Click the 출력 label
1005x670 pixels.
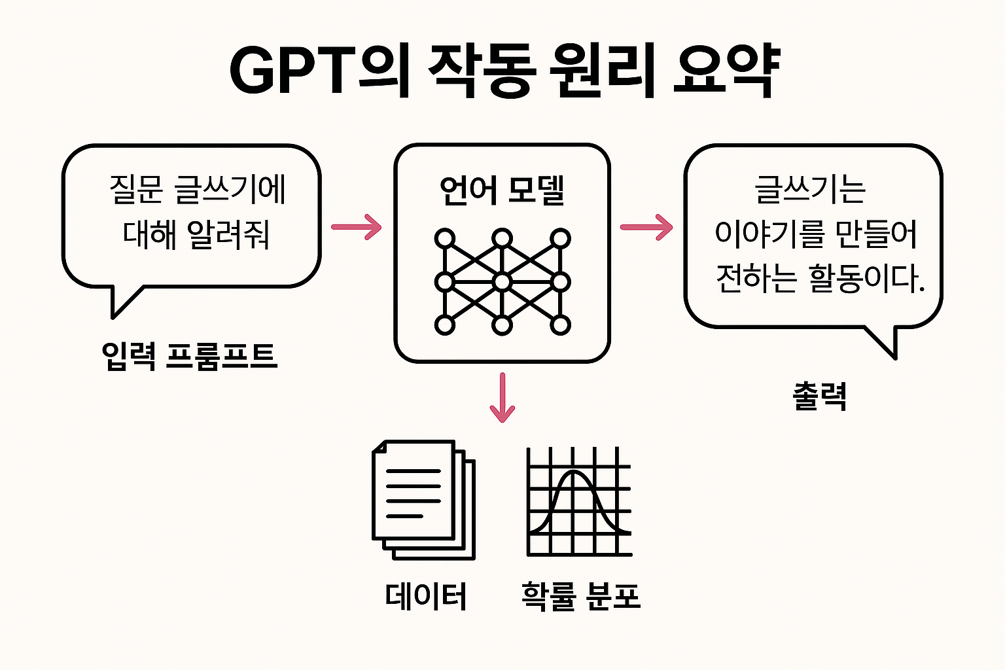coord(820,396)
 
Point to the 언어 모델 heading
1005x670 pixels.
coord(502,190)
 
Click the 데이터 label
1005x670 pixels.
coord(426,596)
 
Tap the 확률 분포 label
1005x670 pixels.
coord(580,596)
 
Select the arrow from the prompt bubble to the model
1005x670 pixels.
coord(357,227)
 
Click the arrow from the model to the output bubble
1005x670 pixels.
coord(646,227)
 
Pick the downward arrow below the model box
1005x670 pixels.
coord(502,397)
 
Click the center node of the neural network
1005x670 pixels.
coord(502,282)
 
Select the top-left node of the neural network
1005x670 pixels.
coord(445,239)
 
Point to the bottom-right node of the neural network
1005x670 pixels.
coord(560,325)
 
